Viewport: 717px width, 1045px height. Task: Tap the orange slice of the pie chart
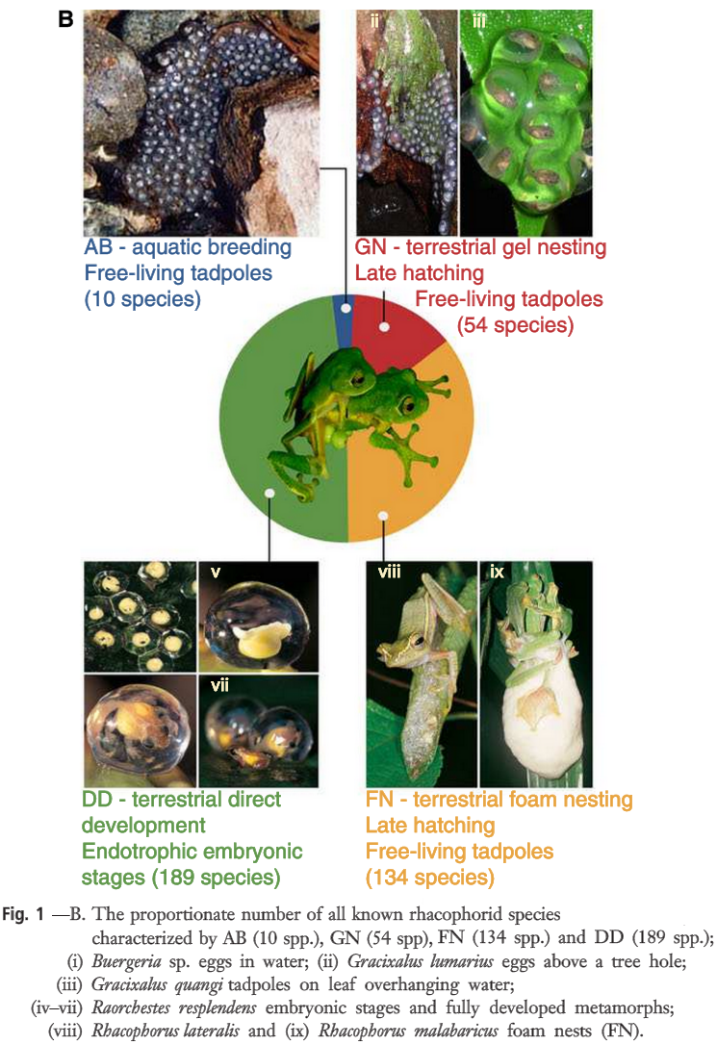[x=423, y=452]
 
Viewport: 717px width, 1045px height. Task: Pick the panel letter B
[x=66, y=18]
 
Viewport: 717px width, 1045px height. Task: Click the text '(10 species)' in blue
[x=142, y=299]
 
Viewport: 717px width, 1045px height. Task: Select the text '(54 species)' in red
[x=516, y=324]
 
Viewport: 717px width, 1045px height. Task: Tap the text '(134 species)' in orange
[x=429, y=877]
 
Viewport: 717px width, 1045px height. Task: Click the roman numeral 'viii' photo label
[x=389, y=573]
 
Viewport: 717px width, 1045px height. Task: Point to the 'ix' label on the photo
[x=497, y=573]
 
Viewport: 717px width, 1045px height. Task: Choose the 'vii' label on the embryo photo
[x=220, y=686]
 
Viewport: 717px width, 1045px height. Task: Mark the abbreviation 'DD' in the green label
[x=97, y=800]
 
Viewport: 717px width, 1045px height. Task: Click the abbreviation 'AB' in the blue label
[x=100, y=247]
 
